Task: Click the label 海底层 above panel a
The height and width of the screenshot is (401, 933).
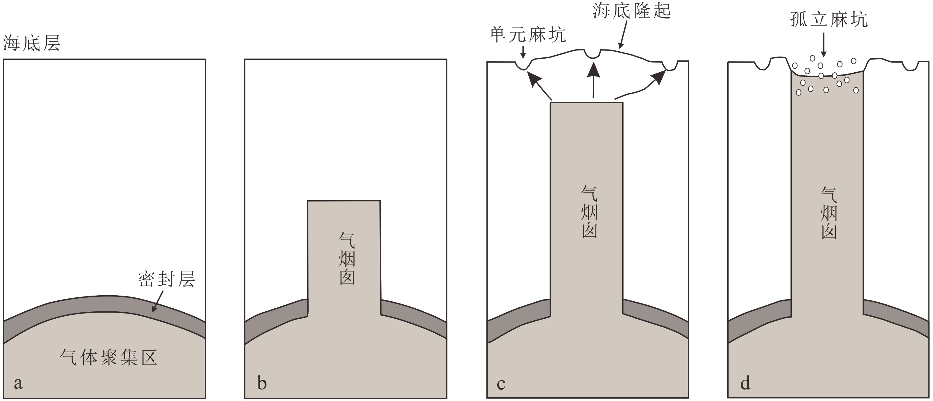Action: [31, 43]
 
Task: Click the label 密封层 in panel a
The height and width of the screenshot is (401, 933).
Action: [166, 279]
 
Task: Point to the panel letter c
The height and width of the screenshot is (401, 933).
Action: [501, 384]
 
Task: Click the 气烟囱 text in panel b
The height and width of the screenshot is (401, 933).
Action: [347, 259]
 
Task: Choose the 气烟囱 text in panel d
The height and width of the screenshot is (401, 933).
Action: [829, 213]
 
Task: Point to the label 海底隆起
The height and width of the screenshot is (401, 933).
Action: [632, 11]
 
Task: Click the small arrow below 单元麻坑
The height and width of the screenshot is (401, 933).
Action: [523, 53]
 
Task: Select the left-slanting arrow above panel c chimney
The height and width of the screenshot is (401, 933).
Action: [539, 85]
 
